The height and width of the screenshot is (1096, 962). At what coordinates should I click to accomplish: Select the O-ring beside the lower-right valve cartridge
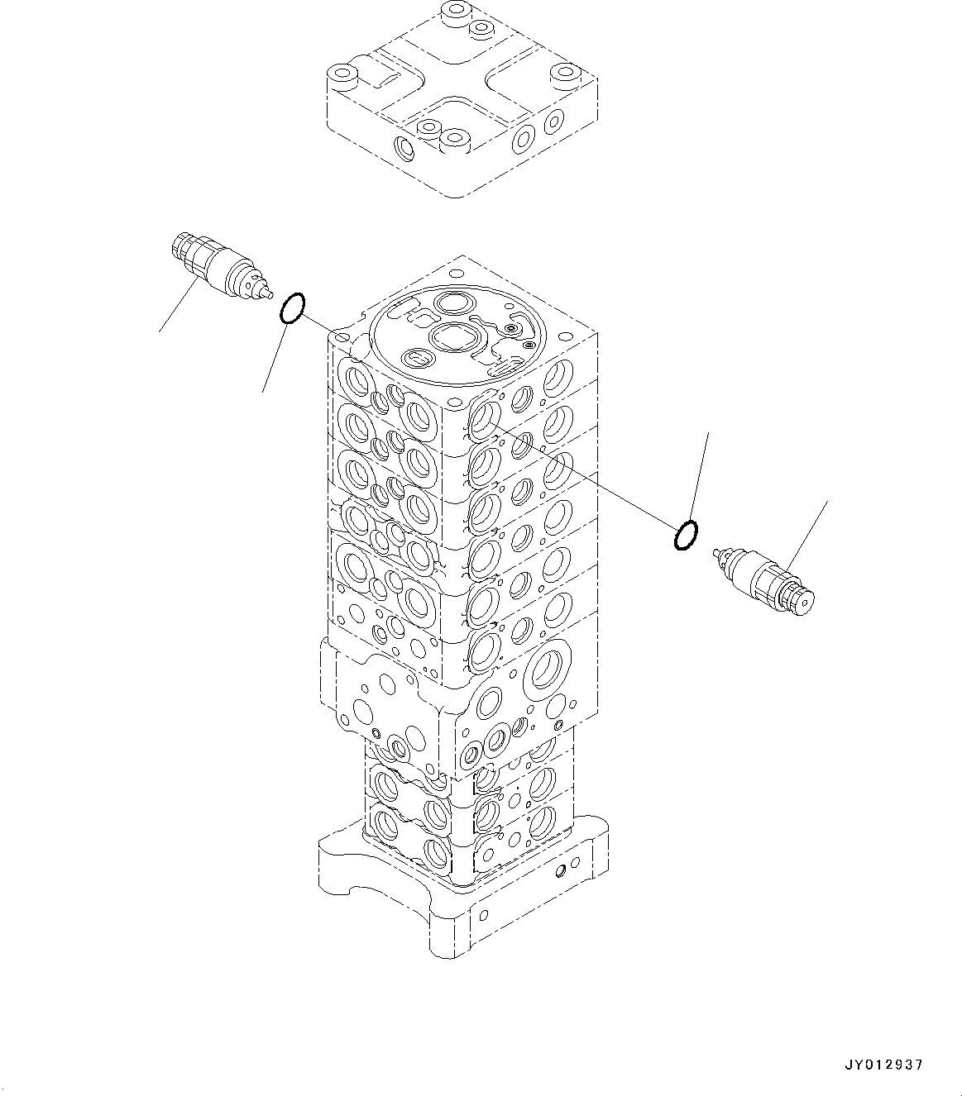[686, 535]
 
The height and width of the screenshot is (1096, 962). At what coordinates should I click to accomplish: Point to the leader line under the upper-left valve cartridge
[178, 307]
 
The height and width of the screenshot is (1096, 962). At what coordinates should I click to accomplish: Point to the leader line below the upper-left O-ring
[275, 357]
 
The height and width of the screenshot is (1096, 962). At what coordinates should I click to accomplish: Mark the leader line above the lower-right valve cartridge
[807, 532]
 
